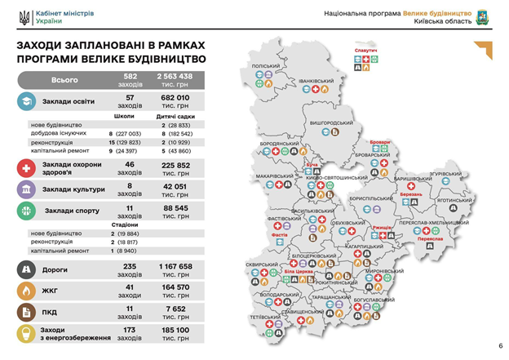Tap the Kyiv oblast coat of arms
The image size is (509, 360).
pyautogui.click(x=482, y=17)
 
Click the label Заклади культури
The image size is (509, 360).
pyautogui.click(x=75, y=189)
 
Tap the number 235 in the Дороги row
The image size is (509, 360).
pyautogui.click(x=130, y=266)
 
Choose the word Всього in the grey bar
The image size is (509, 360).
pyautogui.click(x=65, y=80)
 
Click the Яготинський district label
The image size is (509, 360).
pyautogui.click(x=454, y=199)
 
